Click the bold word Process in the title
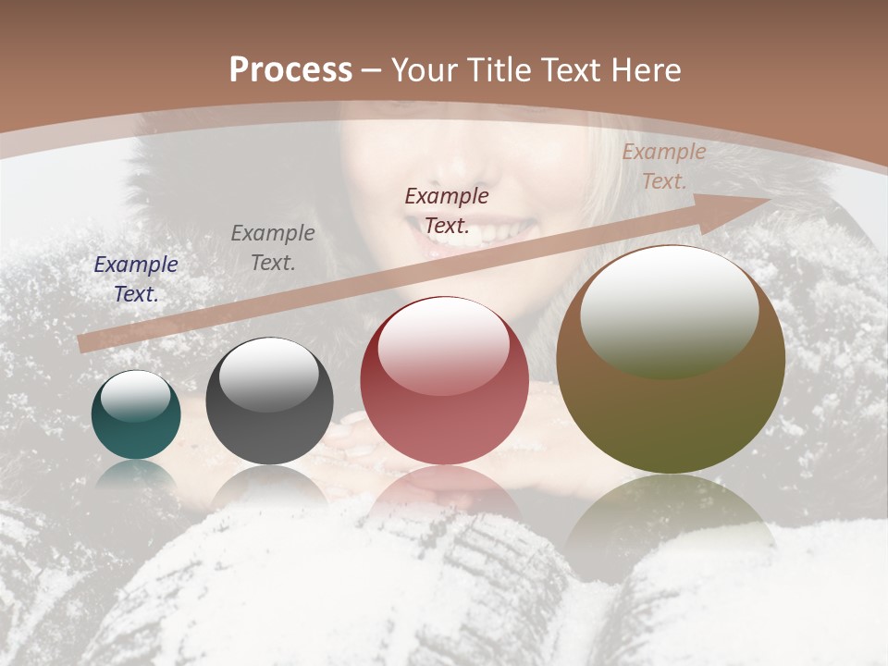click(290, 70)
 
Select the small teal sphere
click(136, 425)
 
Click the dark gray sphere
click(269, 416)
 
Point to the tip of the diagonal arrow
click(770, 201)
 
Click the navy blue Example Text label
click(136, 278)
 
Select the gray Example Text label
click(272, 247)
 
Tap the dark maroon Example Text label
click(447, 210)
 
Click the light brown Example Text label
click(663, 166)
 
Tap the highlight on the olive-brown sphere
click(669, 310)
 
